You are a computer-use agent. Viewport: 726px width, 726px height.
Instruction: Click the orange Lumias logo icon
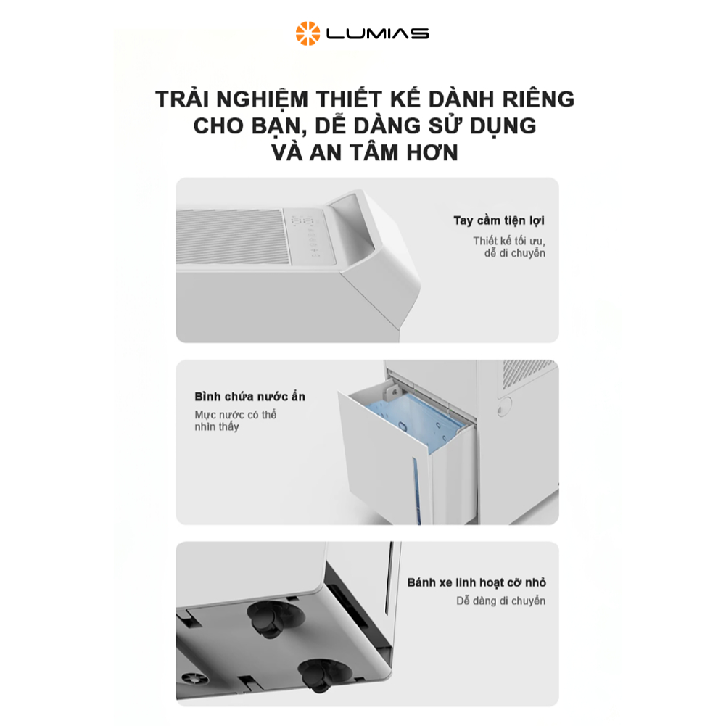308,33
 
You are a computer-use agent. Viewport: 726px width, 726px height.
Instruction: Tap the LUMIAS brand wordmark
378,34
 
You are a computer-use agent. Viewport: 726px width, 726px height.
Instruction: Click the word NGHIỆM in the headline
262,99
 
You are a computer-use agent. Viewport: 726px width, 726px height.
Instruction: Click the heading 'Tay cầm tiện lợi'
499,220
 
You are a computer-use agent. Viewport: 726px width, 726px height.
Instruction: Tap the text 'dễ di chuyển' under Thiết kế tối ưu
515,253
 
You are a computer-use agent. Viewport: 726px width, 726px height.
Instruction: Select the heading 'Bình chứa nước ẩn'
249,396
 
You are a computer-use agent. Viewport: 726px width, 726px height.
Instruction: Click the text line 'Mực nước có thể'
235,415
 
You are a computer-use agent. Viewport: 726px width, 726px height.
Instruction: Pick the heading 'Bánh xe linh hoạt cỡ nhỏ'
477,582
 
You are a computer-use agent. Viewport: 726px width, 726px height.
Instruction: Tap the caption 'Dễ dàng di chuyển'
500,601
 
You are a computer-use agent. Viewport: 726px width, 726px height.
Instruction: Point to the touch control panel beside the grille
309,236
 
